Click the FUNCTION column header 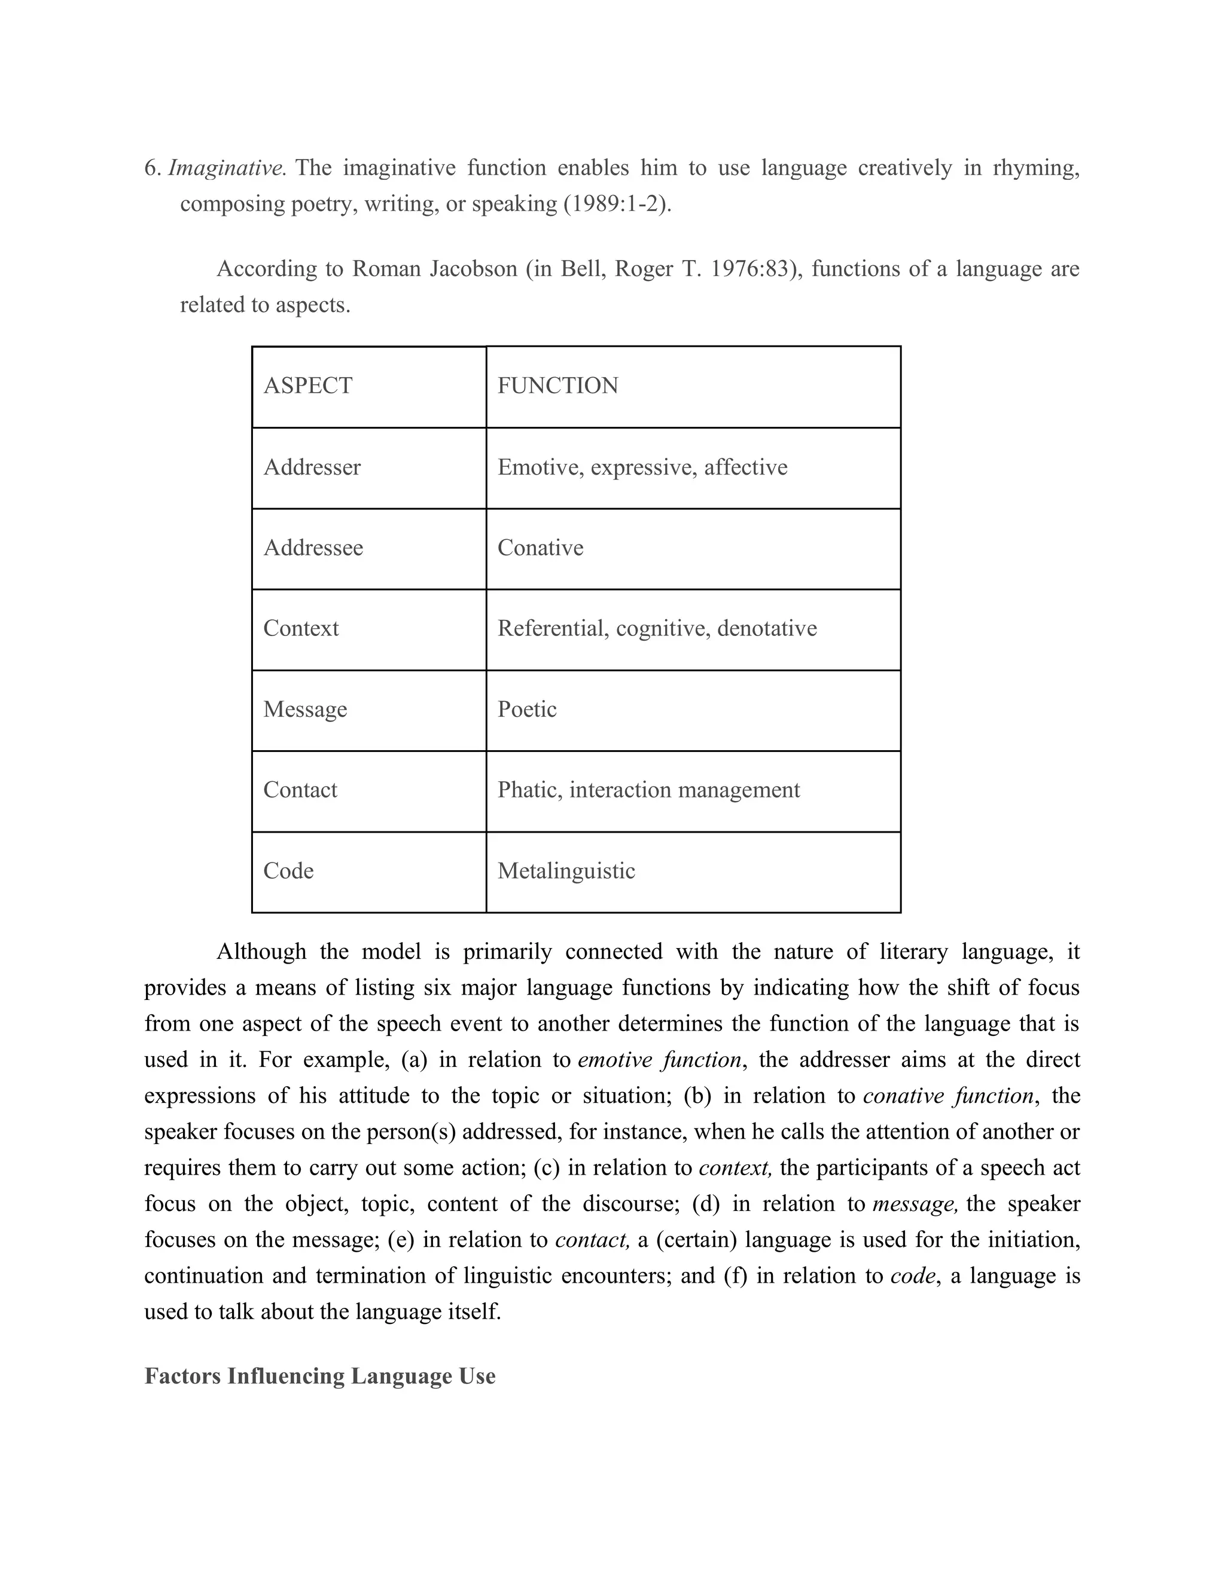tap(557, 386)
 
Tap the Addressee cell tap(313, 548)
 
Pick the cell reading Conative tap(540, 548)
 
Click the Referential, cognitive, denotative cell tap(657, 628)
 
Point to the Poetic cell tap(527, 710)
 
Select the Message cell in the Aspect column tap(305, 710)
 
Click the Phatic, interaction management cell tap(648, 790)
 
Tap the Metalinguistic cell tap(566, 871)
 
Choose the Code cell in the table tap(288, 871)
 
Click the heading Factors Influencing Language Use tap(319, 1377)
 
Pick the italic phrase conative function tap(949, 1096)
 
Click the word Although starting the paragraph tap(261, 952)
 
